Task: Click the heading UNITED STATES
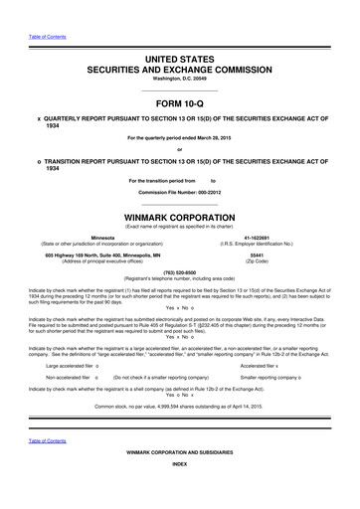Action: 179,61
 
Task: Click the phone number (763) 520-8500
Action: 179,271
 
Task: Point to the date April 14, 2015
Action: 246,408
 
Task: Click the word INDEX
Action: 179,492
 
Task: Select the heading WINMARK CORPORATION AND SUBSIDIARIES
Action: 179,480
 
